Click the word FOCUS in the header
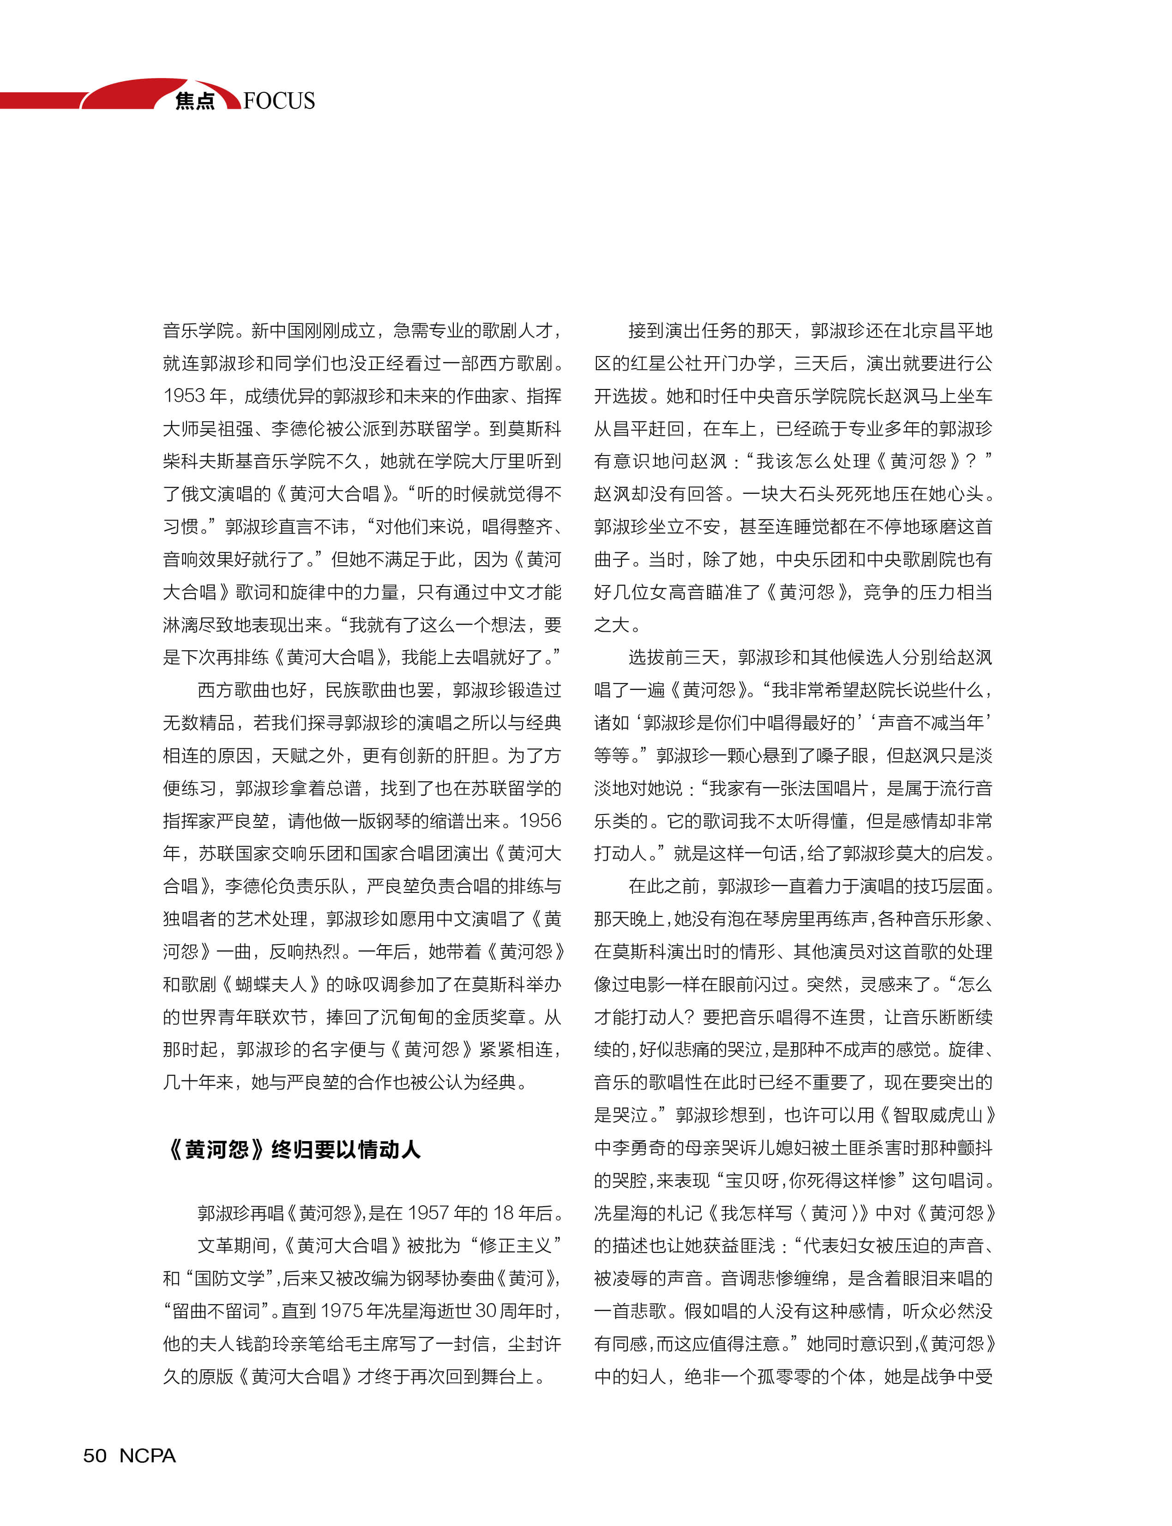point(279,101)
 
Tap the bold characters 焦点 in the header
point(195,101)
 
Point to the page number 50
point(95,1455)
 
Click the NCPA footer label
point(147,1455)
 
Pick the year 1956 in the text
point(540,820)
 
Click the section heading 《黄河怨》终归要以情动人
point(294,1149)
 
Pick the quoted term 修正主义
point(516,1245)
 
